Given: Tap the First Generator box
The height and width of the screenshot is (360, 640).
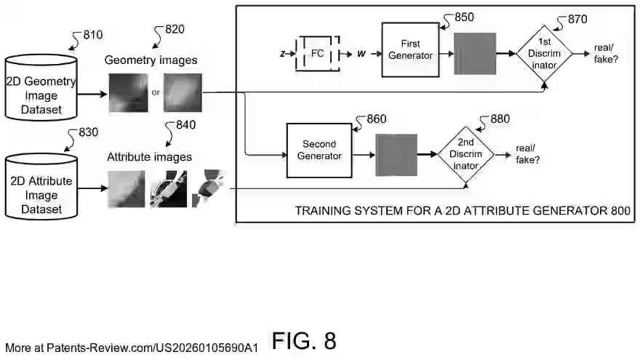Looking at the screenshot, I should click(410, 49).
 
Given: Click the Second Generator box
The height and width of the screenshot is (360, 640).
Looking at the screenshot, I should click(319, 151).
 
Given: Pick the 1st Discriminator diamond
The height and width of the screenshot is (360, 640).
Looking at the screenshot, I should click(545, 55).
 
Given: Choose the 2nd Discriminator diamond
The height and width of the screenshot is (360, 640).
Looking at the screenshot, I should click(465, 154).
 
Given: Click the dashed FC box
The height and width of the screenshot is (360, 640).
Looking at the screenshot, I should click(317, 54).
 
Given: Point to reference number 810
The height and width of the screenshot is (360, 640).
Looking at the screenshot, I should click(93, 34).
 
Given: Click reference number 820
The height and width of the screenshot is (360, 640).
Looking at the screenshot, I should click(174, 29).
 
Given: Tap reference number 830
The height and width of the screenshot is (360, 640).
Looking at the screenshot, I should click(86, 132).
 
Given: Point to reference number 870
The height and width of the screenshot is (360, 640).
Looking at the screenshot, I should click(577, 20).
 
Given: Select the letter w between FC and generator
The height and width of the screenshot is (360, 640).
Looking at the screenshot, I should click(361, 55).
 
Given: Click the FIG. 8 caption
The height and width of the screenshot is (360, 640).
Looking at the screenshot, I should click(304, 340).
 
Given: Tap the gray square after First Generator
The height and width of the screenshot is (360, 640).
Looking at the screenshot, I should click(475, 54).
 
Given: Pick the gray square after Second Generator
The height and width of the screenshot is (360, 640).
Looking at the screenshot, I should click(396, 155).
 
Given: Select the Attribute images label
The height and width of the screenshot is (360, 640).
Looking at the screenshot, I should click(150, 156).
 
